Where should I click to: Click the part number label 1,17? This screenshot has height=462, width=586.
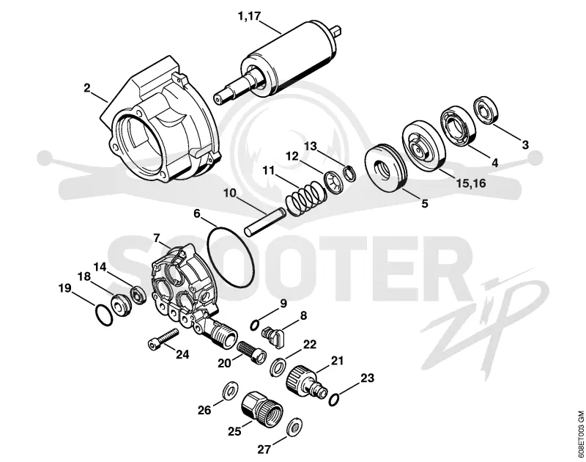[x=249, y=16]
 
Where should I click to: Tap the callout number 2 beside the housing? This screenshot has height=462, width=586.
[x=87, y=88]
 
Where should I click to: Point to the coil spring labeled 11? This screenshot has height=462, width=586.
[x=303, y=197]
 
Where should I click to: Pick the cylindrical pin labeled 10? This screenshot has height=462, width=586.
[x=265, y=222]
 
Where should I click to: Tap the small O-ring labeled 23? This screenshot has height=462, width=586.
[x=333, y=400]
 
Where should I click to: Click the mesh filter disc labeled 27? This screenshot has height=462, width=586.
[x=295, y=427]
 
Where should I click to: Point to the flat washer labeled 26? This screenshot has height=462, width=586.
[x=229, y=392]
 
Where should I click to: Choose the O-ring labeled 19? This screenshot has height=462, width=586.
[x=103, y=316]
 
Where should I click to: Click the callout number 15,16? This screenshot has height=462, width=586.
[x=470, y=183]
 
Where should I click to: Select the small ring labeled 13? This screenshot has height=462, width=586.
[x=350, y=174]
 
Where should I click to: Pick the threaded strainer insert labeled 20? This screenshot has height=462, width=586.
[x=251, y=351]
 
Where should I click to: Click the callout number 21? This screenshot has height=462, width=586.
[x=337, y=361]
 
